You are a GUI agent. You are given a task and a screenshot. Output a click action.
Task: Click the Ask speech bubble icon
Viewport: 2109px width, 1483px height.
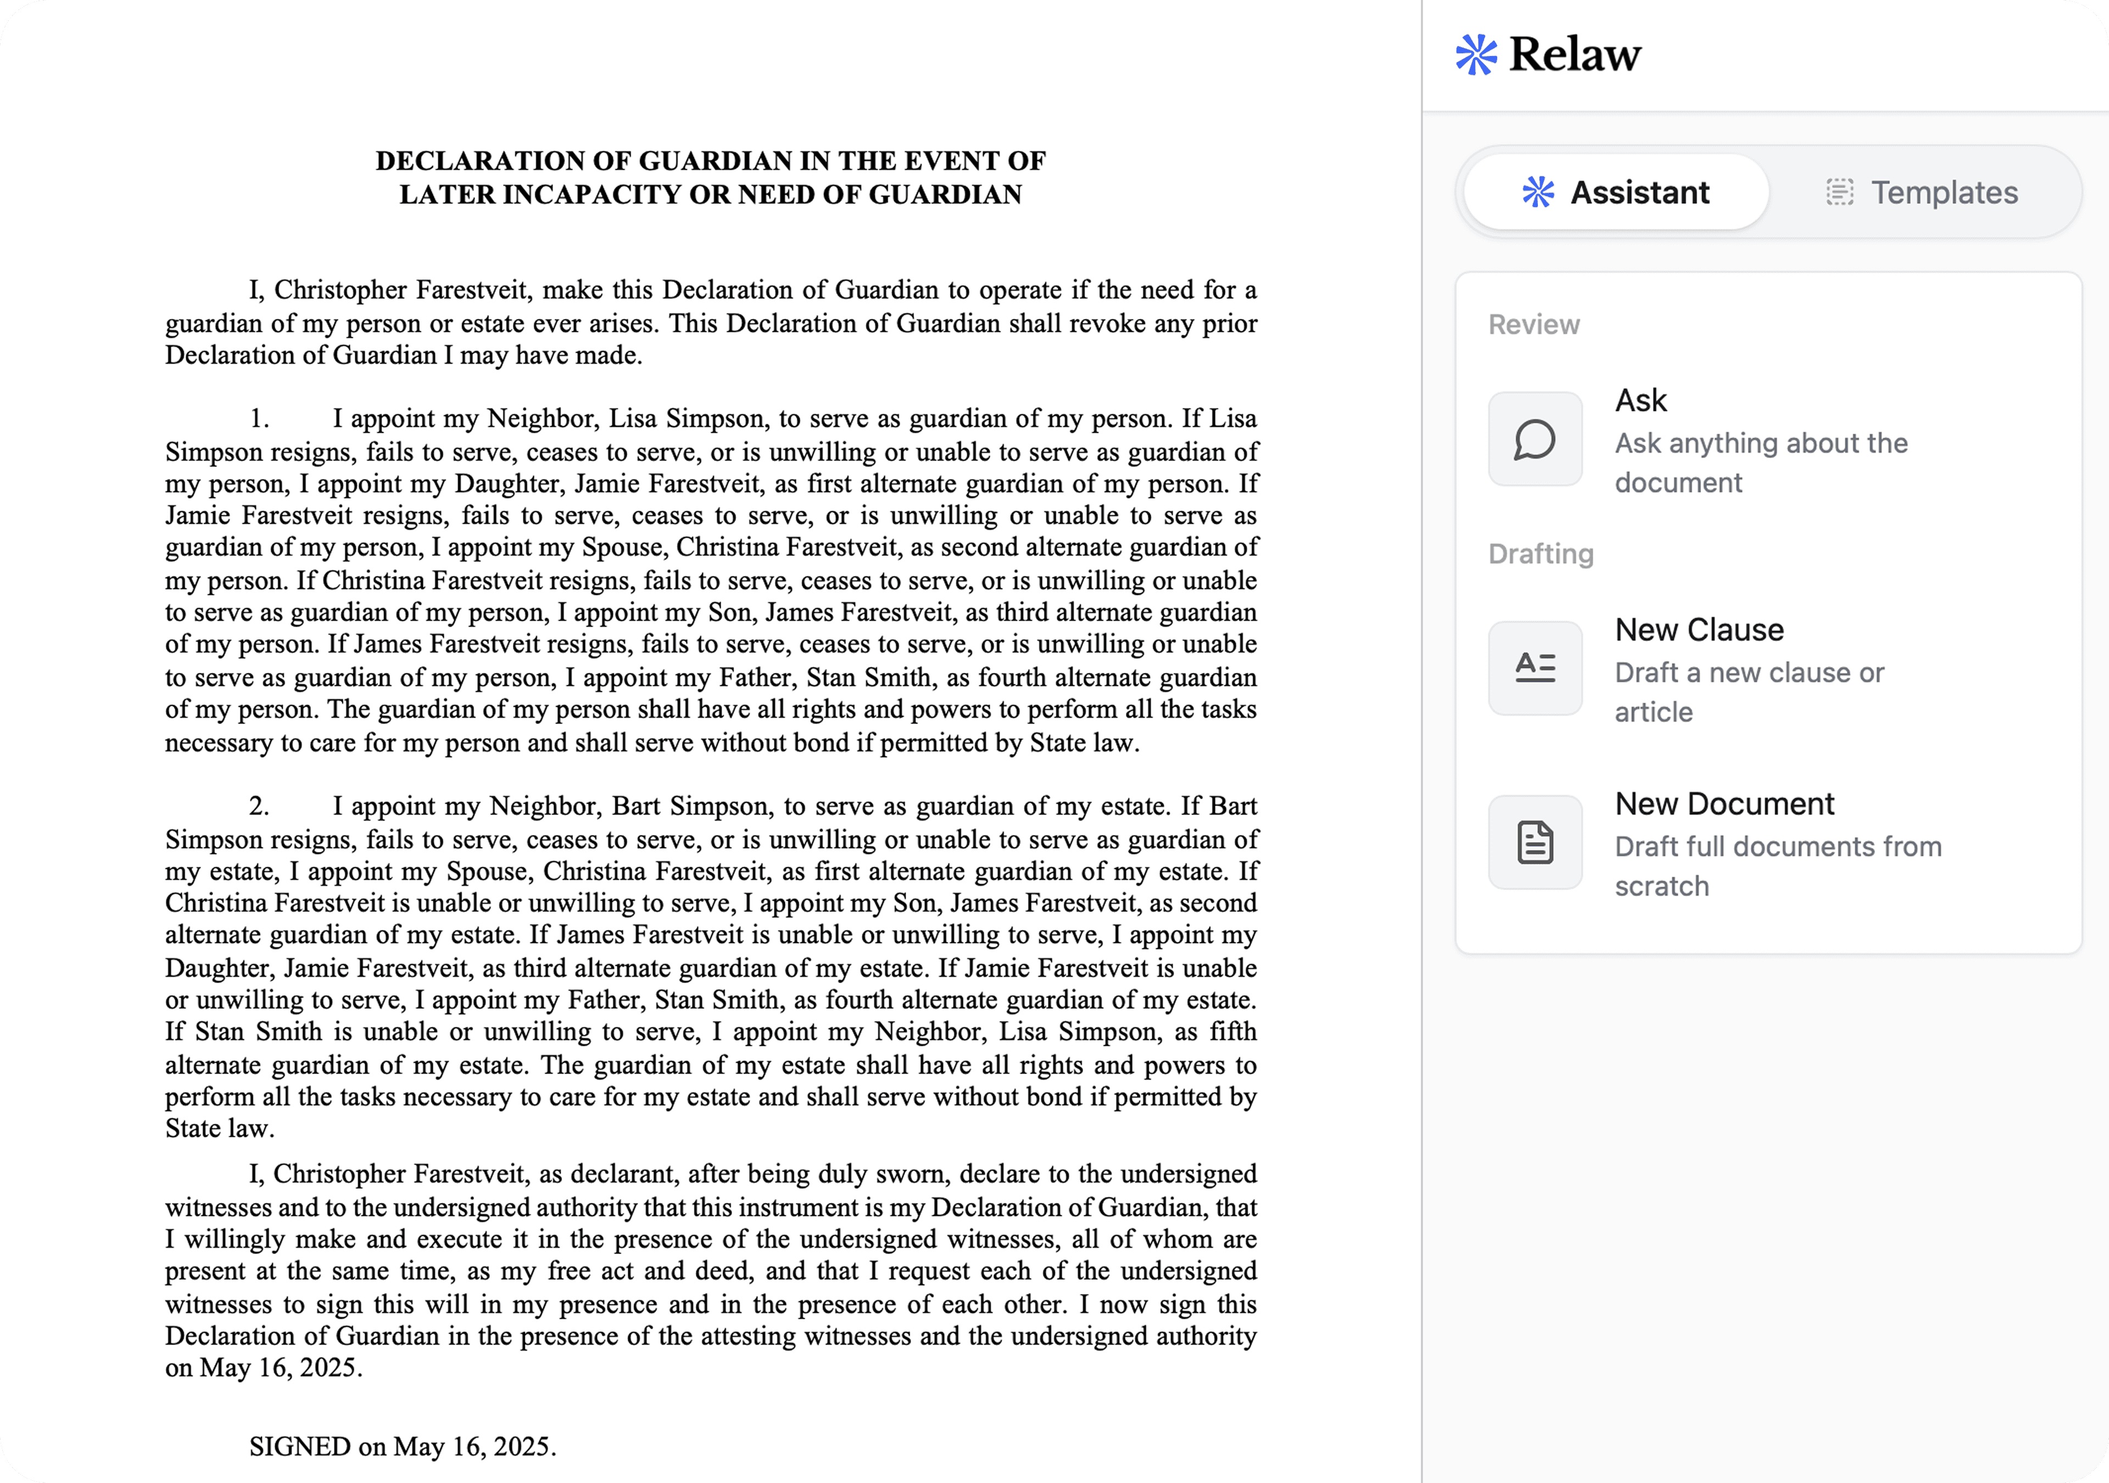tap(1535, 439)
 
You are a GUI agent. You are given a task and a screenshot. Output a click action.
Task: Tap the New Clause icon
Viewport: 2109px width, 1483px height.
tap(1535, 668)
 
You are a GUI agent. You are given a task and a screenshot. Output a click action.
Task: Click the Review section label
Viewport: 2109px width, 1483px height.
tap(1533, 325)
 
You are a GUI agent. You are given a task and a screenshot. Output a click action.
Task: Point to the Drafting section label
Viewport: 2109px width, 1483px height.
tap(1541, 554)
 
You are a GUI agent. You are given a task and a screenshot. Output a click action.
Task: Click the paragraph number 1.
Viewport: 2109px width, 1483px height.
tap(259, 419)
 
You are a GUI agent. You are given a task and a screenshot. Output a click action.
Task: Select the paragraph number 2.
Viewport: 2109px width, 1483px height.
tap(259, 806)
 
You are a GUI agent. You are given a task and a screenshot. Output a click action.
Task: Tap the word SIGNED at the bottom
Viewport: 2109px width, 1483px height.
tap(299, 1446)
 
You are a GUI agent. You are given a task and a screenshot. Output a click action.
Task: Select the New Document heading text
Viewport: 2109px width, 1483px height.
tap(1724, 804)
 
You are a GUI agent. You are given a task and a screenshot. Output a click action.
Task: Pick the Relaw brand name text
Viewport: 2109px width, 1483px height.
tap(1575, 54)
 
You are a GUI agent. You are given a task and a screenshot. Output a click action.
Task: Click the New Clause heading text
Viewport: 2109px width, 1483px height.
tap(1699, 631)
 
